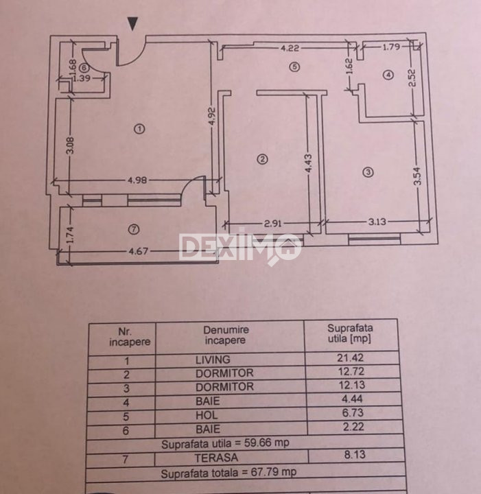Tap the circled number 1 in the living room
(139, 128)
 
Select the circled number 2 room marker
(261, 160)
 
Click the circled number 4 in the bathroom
(388, 75)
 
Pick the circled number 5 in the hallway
(294, 67)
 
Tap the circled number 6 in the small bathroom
(84, 68)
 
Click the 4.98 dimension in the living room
(139, 181)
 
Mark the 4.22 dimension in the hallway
(290, 48)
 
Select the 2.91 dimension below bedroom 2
(274, 222)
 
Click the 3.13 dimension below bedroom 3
(377, 222)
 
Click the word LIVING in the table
(213, 360)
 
